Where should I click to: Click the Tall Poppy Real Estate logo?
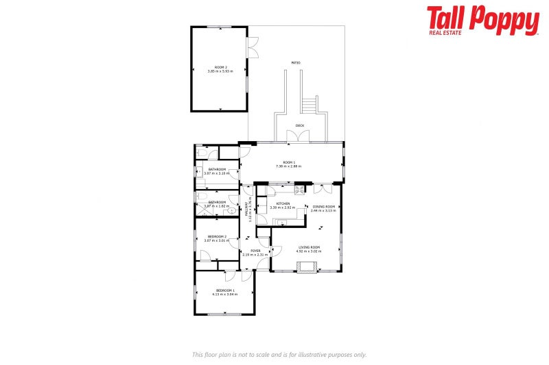[482, 20]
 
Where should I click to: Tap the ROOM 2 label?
[220, 67]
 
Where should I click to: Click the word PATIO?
[295, 63]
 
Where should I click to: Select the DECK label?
[299, 126]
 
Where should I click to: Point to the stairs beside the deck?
[310, 105]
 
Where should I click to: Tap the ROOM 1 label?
[289, 162]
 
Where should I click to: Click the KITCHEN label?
[283, 203]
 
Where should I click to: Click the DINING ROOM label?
[323, 207]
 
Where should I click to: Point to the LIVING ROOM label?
[309, 247]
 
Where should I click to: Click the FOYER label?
[255, 251]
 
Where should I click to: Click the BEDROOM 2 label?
[217, 236]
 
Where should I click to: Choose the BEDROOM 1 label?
[224, 290]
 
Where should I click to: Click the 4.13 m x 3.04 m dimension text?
[224, 294]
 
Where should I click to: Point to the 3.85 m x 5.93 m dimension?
[220, 71]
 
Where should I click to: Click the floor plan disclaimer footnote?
[279, 354]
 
